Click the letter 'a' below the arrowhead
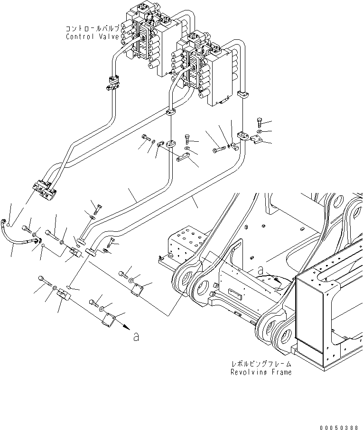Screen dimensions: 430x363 [137, 337]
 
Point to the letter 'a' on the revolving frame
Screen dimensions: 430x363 [261, 271]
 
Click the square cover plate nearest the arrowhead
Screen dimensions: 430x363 [109, 320]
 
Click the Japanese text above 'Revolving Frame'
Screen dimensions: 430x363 [261, 364]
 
